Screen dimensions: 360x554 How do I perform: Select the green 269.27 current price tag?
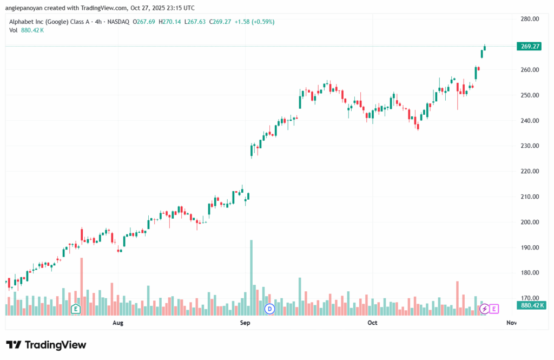[x=530, y=47]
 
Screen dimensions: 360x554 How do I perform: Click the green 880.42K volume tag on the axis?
[x=530, y=305]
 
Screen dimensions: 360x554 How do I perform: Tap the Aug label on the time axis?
[x=117, y=323]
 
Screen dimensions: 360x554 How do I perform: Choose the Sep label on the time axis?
[x=245, y=323]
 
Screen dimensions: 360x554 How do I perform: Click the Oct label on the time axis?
[x=372, y=323]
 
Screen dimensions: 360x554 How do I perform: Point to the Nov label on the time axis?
[x=511, y=323]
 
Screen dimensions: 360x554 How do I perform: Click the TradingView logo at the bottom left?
[x=46, y=345]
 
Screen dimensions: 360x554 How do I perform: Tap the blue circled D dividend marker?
[x=269, y=309]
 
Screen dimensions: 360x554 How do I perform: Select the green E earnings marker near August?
[x=76, y=309]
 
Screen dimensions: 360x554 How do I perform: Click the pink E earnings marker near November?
[x=494, y=309]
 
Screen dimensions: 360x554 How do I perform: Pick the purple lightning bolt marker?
[x=485, y=309]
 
